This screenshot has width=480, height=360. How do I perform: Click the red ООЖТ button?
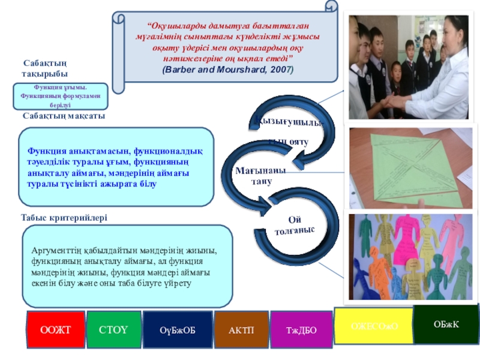click(x=55, y=330)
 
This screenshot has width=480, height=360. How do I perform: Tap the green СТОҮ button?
click(x=113, y=330)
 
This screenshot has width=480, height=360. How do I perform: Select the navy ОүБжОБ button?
click(x=177, y=330)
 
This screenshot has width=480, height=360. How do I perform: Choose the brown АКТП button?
click(x=241, y=330)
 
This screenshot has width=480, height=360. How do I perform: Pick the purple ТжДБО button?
click(x=301, y=330)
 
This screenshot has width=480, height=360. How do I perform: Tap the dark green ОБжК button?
click(x=446, y=324)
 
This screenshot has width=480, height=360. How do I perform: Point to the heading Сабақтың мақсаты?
click(x=64, y=116)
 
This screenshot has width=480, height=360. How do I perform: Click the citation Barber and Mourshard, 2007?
click(x=228, y=70)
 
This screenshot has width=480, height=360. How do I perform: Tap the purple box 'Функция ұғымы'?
click(x=61, y=96)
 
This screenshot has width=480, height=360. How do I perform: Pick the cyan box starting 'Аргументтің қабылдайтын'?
click(x=127, y=266)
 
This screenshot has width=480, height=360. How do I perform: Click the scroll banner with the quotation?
click(x=228, y=45)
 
